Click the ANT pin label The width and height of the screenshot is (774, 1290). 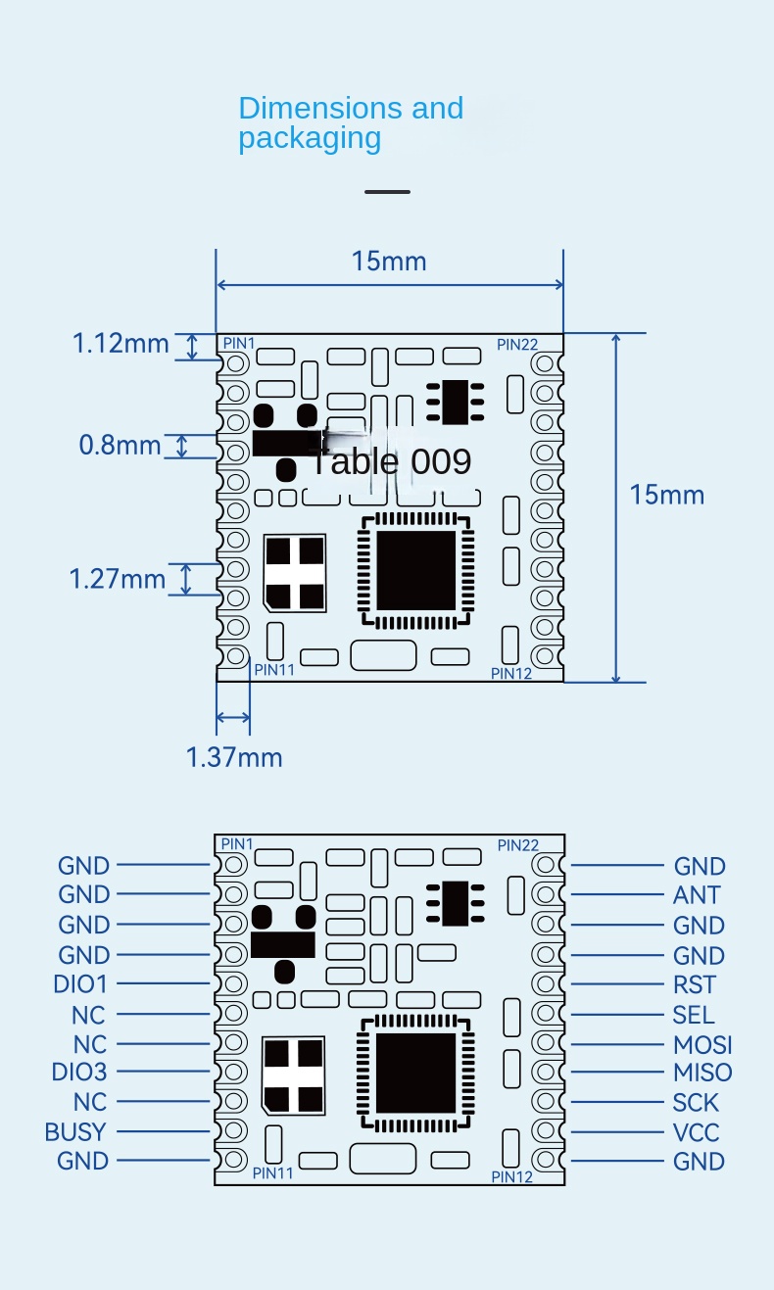[x=697, y=895]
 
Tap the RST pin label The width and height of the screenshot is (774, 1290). [x=695, y=984]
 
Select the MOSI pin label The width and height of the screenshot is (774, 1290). [x=702, y=1045]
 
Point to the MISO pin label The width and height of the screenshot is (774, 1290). [x=702, y=1073]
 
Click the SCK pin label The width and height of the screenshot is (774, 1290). [x=696, y=1103]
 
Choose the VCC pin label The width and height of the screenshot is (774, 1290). [x=697, y=1132]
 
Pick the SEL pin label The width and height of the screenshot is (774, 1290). [x=694, y=1015]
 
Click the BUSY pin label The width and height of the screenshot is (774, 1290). [x=75, y=1132]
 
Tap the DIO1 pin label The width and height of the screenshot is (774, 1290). [x=80, y=984]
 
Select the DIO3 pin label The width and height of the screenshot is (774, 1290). [x=79, y=1072]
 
